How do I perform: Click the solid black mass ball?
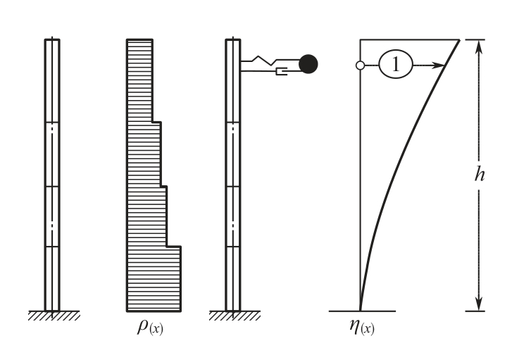point(308,64)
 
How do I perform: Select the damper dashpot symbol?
point(282,71)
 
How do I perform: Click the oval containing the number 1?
point(396,64)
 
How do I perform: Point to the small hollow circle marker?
point(360,66)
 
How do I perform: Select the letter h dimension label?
point(480,174)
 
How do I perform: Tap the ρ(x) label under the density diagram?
point(150,327)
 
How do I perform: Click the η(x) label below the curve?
point(362,327)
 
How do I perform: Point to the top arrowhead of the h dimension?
point(479,46)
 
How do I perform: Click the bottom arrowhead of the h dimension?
point(479,304)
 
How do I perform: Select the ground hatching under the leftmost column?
point(54,316)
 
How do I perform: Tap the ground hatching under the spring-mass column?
point(235,316)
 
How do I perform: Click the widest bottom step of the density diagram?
point(154,279)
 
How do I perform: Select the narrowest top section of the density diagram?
point(139,81)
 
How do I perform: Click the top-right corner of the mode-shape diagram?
point(459,40)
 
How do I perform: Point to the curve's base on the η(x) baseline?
point(360,311)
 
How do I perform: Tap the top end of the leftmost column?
point(52,39)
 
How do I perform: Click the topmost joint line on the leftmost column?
point(52,123)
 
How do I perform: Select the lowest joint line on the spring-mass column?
point(233,247)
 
